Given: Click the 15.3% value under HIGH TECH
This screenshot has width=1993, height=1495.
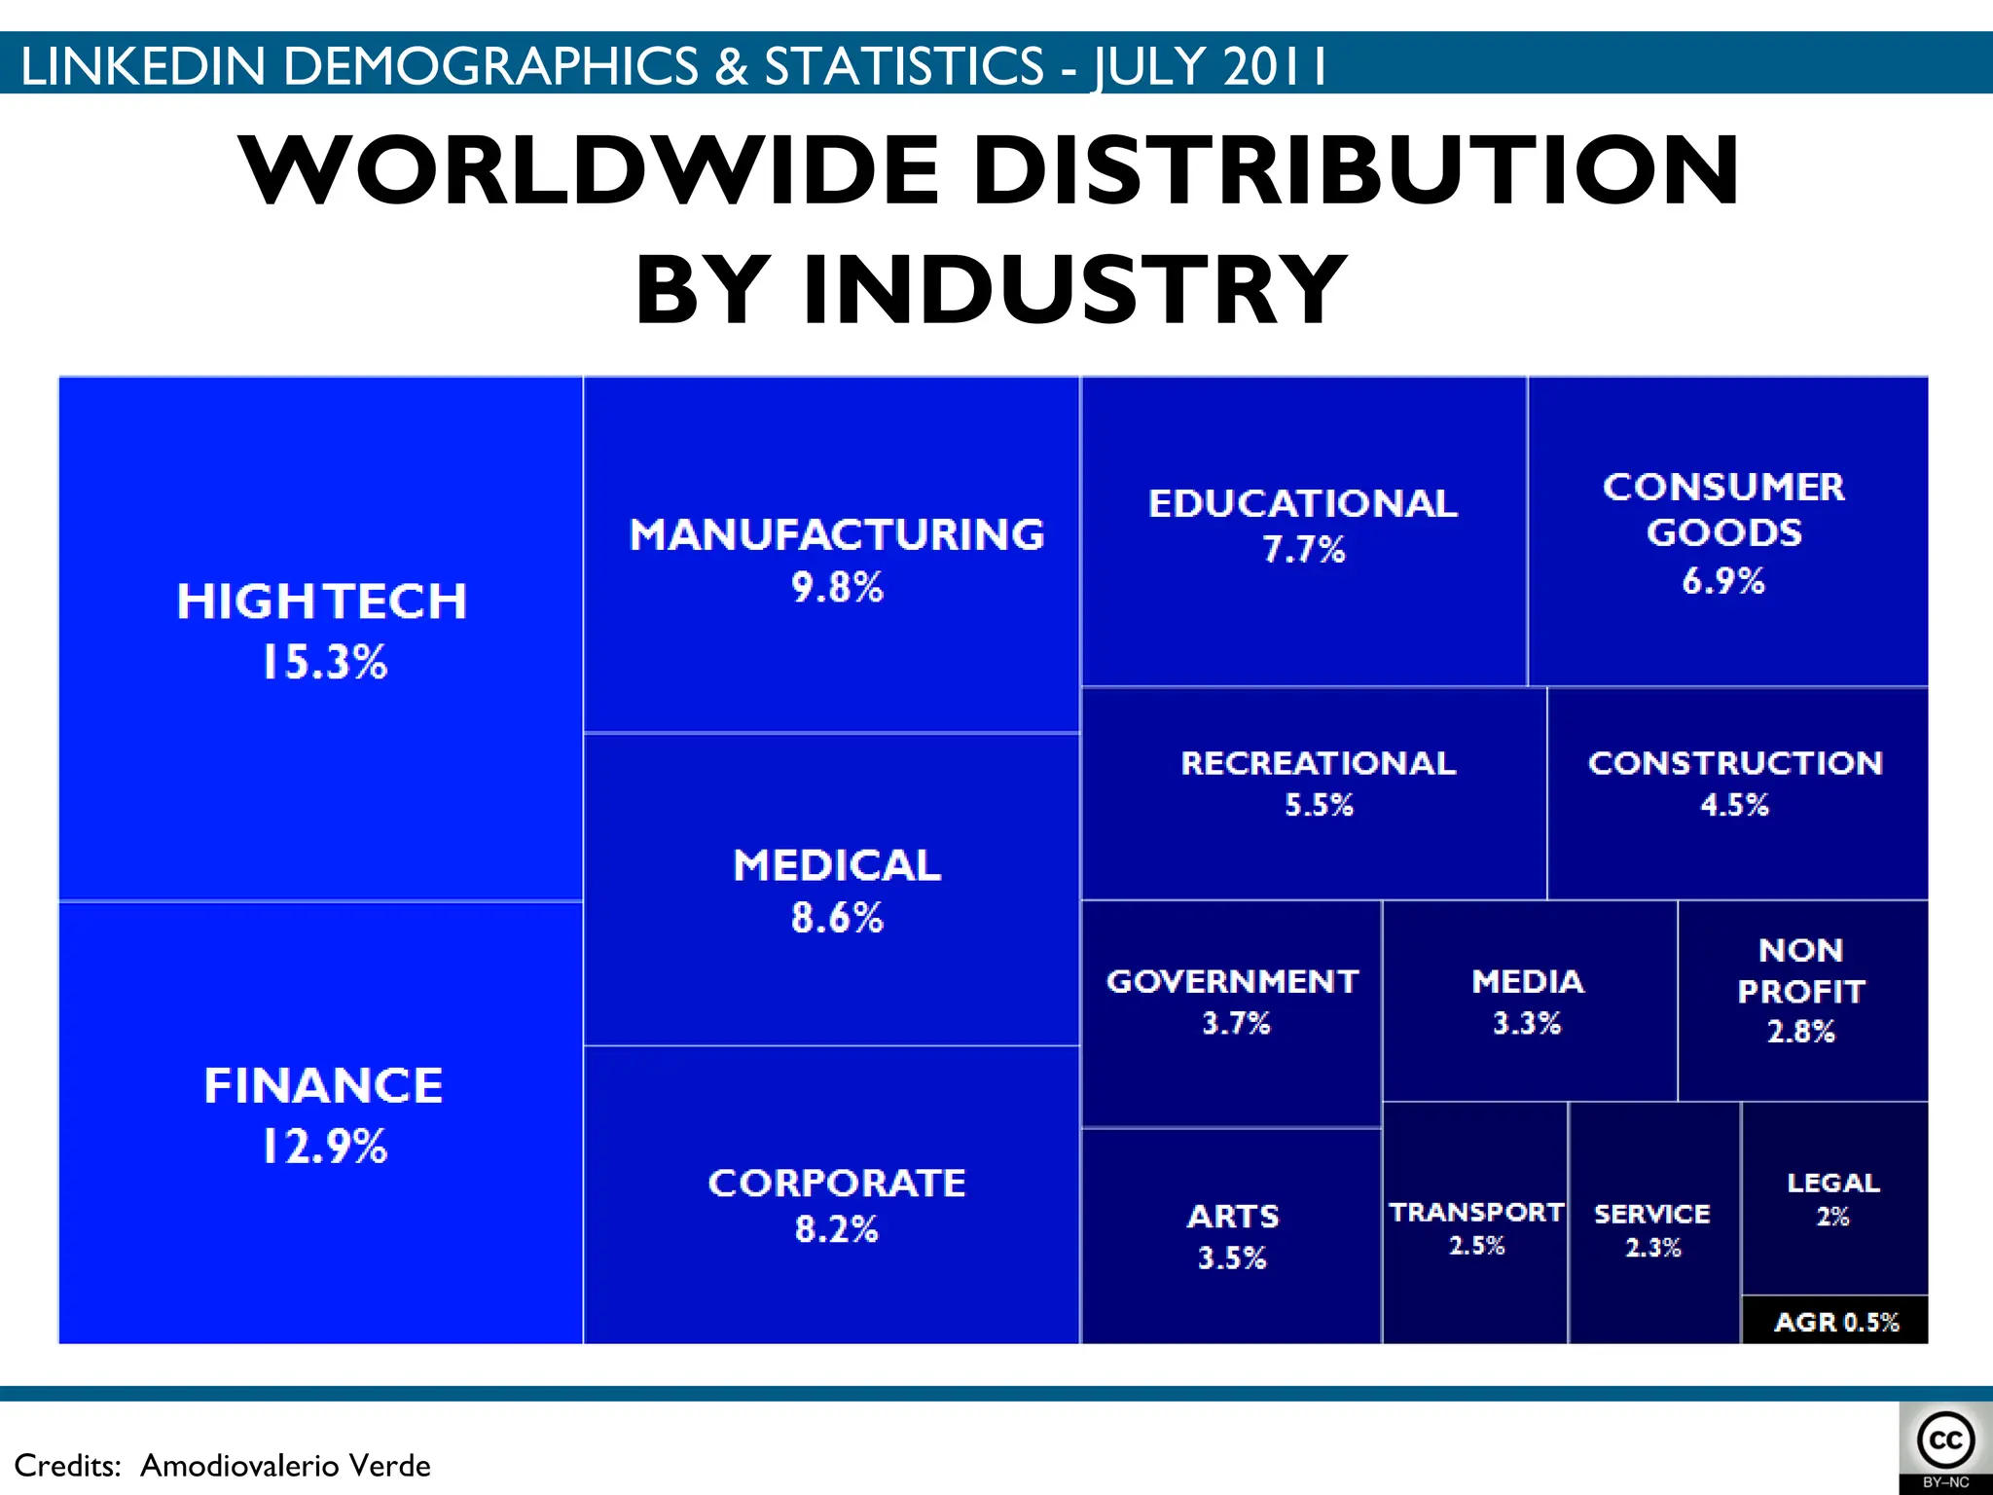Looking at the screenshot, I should pyautogui.click(x=324, y=663).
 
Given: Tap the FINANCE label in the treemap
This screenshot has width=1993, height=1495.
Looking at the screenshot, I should pyautogui.click(x=323, y=1085).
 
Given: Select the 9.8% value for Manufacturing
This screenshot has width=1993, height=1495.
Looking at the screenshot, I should pyautogui.click(x=837, y=588).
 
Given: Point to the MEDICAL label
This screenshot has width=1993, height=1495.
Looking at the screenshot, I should pyautogui.click(x=837, y=865).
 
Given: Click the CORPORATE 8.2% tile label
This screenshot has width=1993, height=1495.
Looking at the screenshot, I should pyautogui.click(x=837, y=1204).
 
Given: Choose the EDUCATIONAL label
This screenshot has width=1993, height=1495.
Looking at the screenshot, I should pyautogui.click(x=1303, y=504).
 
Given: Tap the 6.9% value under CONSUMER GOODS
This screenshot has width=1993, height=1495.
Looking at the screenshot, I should pyautogui.click(x=1722, y=581).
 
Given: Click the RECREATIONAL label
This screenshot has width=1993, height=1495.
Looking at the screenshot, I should pyautogui.click(x=1319, y=763).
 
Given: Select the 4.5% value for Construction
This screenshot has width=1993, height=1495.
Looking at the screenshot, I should pyautogui.click(x=1734, y=805).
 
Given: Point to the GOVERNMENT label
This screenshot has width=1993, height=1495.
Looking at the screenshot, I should pyautogui.click(x=1233, y=981).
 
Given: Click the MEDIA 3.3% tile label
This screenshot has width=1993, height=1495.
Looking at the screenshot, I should pyautogui.click(x=1528, y=1001).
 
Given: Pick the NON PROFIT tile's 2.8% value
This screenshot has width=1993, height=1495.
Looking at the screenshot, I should pyautogui.click(x=1801, y=1032).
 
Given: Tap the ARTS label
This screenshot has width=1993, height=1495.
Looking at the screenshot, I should pyautogui.click(x=1233, y=1217).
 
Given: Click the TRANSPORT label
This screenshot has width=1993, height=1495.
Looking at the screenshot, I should pyautogui.click(x=1476, y=1213).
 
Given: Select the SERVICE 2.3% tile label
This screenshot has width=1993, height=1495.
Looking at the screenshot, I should pyautogui.click(x=1652, y=1230).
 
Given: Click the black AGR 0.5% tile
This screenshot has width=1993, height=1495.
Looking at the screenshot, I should pyautogui.click(x=1835, y=1322).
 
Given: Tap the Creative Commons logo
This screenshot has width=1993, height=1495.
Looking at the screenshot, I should pyautogui.click(x=1945, y=1440).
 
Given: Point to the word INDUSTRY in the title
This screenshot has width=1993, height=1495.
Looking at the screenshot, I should pyautogui.click(x=1074, y=289).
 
